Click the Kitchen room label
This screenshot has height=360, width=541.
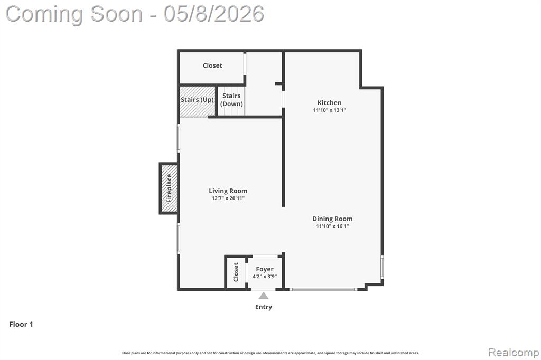point(330,102)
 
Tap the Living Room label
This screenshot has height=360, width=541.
point(228,191)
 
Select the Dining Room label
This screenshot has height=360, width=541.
point(332,219)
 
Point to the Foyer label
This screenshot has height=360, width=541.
point(265,269)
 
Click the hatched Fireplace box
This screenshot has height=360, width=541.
point(169,188)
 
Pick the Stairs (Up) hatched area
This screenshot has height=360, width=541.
point(198,101)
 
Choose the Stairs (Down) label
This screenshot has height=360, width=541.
point(231,100)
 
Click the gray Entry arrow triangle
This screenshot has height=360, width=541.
point(264,296)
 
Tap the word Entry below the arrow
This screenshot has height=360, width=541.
point(264,307)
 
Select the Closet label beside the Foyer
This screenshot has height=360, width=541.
point(236,272)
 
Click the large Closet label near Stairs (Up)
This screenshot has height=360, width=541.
point(212,65)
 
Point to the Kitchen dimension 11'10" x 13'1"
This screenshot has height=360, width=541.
point(330,110)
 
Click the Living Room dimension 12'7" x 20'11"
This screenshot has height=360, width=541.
point(228,198)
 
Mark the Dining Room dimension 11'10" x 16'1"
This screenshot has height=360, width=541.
point(332,226)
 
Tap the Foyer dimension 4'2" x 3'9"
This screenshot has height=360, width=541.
point(265,276)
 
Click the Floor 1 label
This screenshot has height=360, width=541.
point(21,324)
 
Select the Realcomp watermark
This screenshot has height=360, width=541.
point(514,353)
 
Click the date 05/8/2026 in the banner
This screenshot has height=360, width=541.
point(214,14)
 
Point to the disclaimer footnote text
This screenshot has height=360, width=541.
point(270,353)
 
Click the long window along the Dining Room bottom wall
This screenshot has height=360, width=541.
point(323,289)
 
